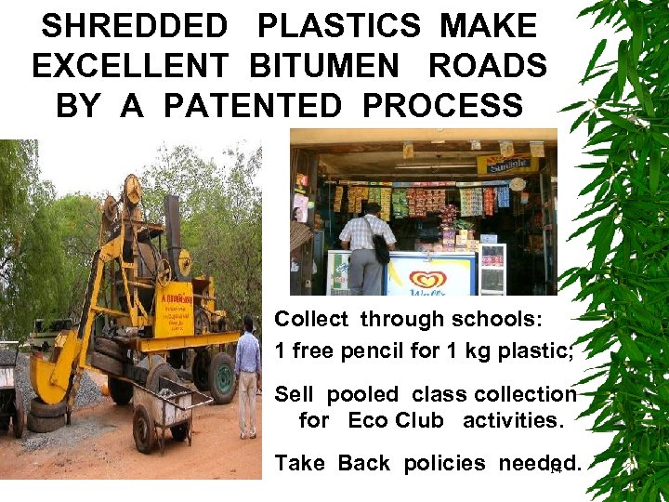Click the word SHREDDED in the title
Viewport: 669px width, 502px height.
[135, 26]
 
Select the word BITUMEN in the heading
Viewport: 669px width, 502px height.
[329, 66]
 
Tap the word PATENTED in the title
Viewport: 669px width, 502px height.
[253, 106]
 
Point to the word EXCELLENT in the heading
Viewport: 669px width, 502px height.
[129, 66]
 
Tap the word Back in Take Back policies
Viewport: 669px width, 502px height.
[363, 463]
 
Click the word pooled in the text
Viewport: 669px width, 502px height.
[366, 394]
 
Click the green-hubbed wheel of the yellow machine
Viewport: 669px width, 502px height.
[222, 376]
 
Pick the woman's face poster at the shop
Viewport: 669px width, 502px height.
[300, 208]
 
